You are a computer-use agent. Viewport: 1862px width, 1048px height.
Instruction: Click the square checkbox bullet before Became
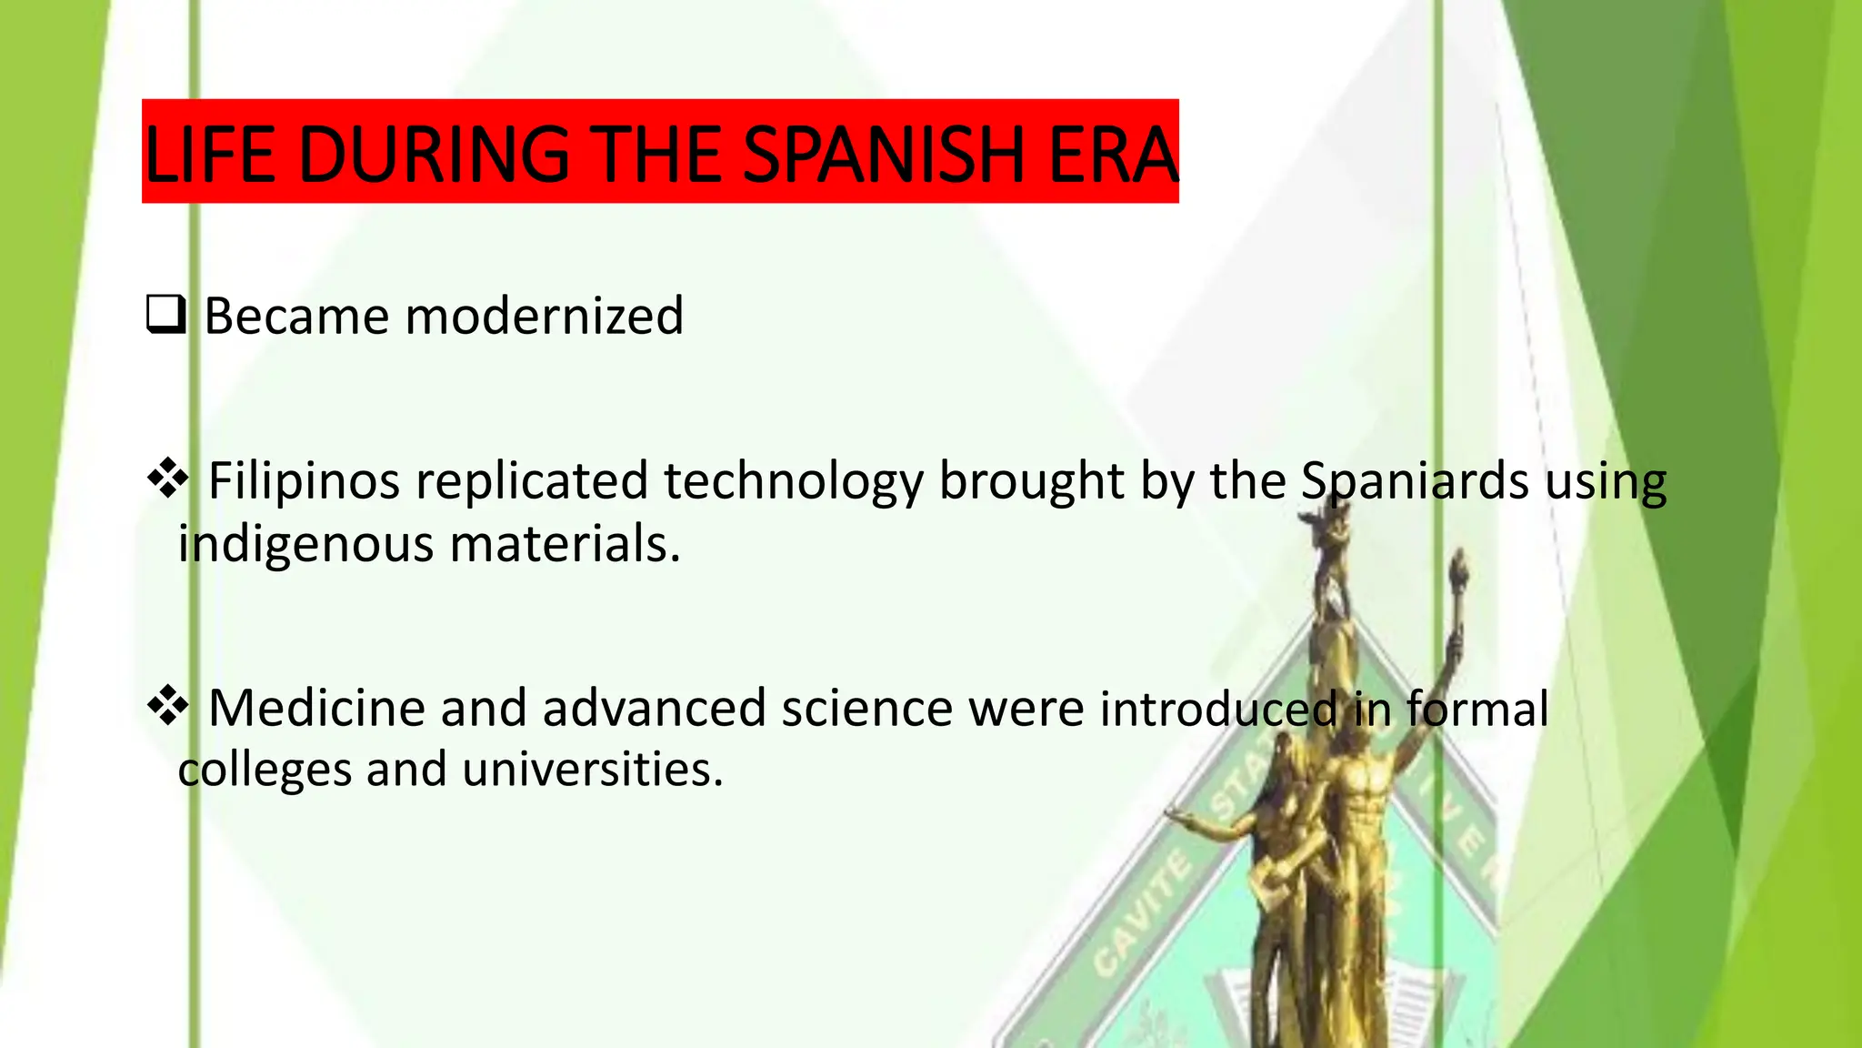165,316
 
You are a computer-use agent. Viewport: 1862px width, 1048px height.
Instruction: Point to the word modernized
544,317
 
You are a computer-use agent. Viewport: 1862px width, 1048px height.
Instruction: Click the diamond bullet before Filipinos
168,479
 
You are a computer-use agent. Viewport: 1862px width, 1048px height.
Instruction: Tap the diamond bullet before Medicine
168,707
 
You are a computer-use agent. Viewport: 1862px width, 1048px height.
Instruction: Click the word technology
793,482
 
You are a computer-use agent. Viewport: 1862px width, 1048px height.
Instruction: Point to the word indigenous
305,545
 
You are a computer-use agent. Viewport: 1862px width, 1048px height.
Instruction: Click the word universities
592,770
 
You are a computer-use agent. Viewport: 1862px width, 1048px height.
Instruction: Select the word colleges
264,771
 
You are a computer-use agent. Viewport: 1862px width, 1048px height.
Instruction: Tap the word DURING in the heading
434,154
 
